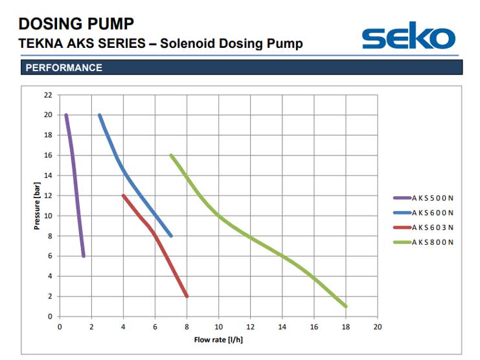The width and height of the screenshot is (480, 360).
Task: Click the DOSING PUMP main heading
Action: (76, 24)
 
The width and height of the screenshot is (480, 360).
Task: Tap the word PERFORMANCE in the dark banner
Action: (63, 67)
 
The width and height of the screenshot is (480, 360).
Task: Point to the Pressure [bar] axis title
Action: (37, 206)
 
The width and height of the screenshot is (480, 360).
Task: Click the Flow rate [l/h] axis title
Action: (218, 339)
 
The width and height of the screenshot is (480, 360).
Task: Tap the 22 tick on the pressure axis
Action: (47, 95)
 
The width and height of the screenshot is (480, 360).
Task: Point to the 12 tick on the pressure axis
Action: (47, 196)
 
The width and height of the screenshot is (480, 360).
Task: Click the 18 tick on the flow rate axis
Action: (346, 326)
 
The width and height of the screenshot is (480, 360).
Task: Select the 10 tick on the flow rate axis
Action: (219, 326)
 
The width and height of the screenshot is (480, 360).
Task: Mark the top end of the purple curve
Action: (65, 115)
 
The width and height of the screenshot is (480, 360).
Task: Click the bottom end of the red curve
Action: (187, 296)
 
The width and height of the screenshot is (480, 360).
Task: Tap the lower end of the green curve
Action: (346, 306)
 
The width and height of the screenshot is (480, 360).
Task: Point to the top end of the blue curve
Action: (99, 115)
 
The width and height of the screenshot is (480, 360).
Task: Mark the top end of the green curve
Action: (171, 155)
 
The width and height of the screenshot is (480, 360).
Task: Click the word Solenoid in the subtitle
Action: (185, 44)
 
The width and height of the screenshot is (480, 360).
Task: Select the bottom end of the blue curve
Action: (171, 236)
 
